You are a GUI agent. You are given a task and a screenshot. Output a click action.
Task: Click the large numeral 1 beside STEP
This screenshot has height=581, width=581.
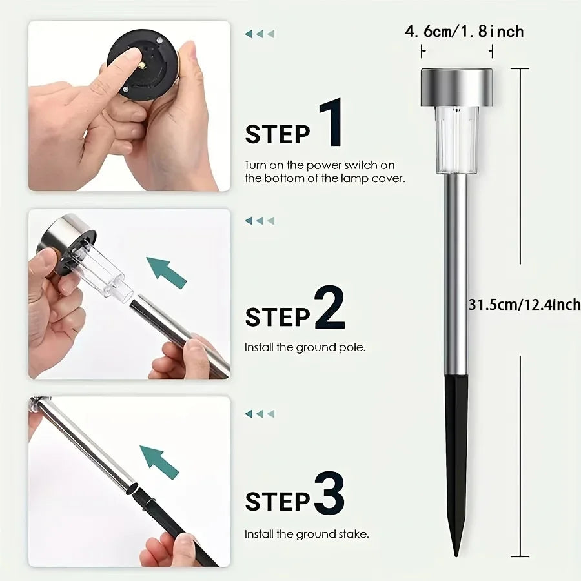pos(331,123)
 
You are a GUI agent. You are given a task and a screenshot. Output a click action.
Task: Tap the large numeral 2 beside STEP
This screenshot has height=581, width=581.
pos(330,307)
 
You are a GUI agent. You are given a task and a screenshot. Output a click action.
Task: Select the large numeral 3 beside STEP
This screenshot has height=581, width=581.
pos(329,493)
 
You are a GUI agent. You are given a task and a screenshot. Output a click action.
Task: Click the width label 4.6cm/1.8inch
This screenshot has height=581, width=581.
pos(464,32)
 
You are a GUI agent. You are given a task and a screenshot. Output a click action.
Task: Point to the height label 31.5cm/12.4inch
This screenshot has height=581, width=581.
pos(525,305)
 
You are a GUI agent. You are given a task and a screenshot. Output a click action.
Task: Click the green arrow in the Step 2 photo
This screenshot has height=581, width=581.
pos(167,272)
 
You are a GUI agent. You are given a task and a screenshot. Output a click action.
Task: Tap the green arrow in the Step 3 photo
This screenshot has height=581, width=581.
pos(159,462)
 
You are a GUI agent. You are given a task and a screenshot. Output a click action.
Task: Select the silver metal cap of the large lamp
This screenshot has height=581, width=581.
pos(456,87)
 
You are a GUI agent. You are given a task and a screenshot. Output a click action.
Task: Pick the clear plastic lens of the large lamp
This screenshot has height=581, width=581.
pos(456,141)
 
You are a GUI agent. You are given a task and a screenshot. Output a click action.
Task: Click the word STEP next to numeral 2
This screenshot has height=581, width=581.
pos(278,318)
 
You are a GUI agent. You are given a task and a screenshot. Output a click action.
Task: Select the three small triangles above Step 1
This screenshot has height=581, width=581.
pos(260,34)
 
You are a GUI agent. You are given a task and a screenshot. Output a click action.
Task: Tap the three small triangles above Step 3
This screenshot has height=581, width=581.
pos(260,414)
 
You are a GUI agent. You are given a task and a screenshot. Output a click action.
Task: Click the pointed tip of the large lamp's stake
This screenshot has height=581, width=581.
pos(456,556)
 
